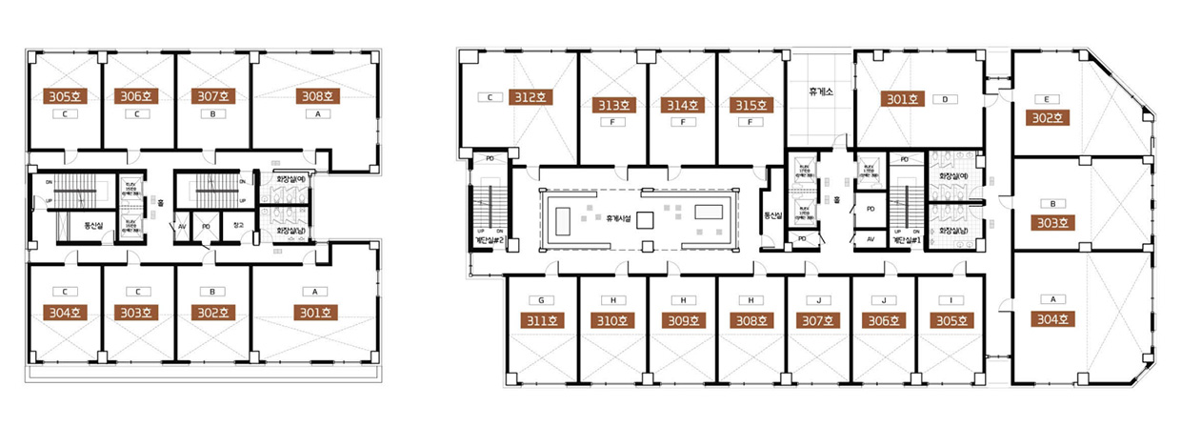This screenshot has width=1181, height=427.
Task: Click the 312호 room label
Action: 530,97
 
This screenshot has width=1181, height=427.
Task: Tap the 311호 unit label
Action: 540,319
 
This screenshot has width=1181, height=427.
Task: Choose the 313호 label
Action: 613,106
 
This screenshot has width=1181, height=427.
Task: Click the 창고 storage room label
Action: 237,226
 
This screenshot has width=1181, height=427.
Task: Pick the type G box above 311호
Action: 540,298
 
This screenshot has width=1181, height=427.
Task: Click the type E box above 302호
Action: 1046,98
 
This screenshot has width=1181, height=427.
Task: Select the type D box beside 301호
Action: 946,98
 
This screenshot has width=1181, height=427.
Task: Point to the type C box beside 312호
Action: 490,97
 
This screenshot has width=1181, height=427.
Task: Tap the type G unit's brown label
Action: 540,319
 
